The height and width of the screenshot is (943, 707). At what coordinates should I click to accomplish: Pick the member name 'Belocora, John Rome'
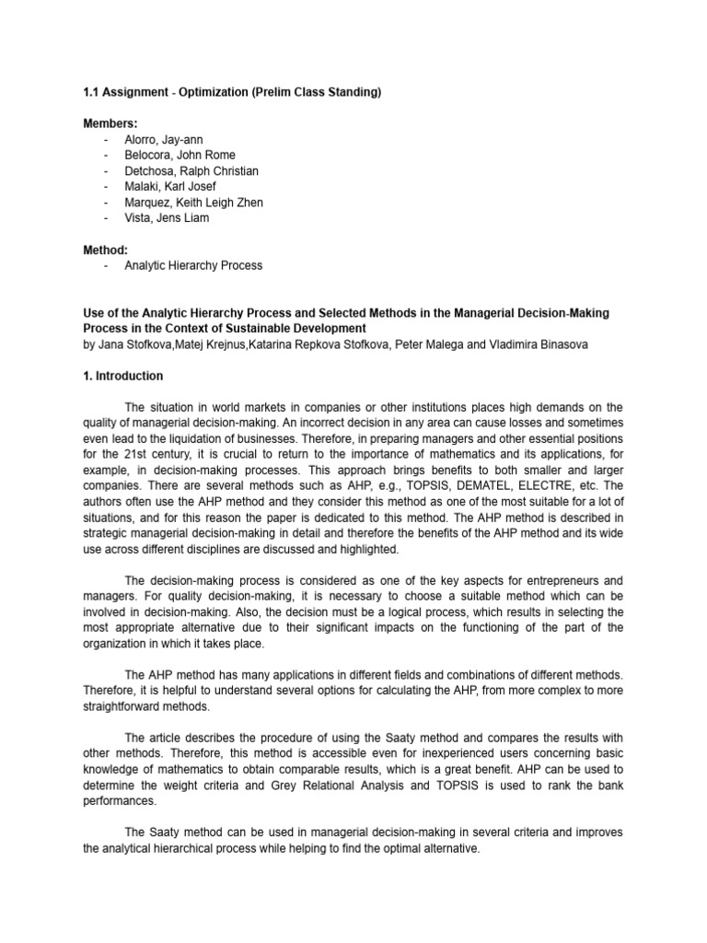[x=180, y=155]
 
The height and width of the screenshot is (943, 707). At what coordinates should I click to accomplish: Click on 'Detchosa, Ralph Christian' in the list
[x=191, y=170]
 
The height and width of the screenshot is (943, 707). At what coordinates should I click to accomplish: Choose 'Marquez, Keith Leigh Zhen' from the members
[x=193, y=202]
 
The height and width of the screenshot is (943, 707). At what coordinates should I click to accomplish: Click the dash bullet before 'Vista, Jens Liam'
[x=109, y=217]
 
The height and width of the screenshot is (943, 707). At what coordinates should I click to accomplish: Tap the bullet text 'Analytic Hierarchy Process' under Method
[x=193, y=265]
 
